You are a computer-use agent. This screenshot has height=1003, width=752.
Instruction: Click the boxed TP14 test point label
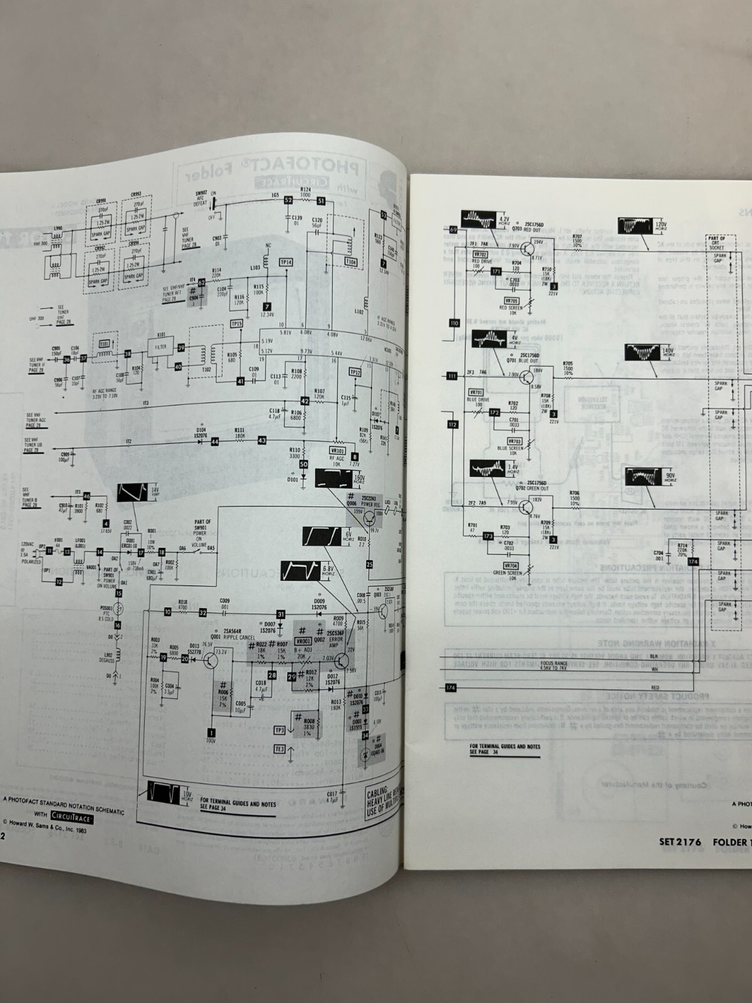(286, 263)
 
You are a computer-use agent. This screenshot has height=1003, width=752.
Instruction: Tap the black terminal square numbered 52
(288, 201)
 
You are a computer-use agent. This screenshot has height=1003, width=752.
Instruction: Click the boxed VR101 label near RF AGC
(337, 450)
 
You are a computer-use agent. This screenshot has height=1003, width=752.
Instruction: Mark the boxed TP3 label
(279, 730)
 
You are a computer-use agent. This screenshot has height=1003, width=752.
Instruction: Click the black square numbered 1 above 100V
(211, 732)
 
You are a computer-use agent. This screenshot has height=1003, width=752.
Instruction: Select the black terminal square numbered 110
(453, 323)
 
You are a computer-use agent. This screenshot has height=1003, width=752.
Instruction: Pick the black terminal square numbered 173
(489, 535)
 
